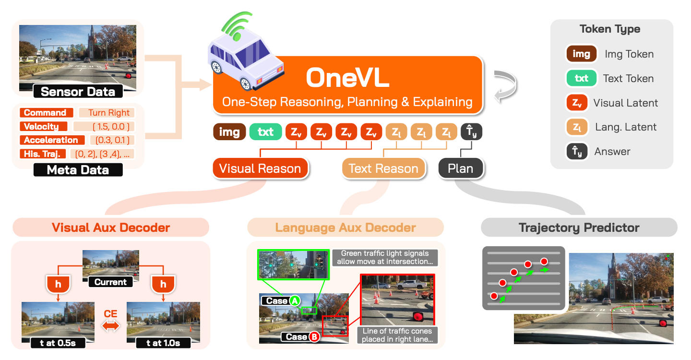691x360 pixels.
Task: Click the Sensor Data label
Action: click(x=78, y=92)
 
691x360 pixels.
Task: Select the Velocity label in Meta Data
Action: click(x=44, y=126)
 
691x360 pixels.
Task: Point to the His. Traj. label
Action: click(x=43, y=154)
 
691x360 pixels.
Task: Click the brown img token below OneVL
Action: click(x=229, y=132)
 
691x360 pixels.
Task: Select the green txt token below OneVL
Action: click(x=266, y=132)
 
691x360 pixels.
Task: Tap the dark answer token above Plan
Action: click(x=471, y=132)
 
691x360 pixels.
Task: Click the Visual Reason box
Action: click(x=260, y=168)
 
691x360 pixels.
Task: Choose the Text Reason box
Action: click(x=383, y=168)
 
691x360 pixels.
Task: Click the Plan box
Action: click(x=461, y=168)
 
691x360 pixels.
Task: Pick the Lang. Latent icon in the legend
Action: click(x=577, y=127)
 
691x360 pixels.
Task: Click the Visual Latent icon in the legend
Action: click(x=577, y=102)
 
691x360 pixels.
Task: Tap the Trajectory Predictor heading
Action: click(x=579, y=228)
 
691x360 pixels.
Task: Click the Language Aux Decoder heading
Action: click(x=345, y=228)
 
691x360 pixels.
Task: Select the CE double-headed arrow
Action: click(x=110, y=326)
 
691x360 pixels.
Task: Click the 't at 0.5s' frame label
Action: click(x=58, y=343)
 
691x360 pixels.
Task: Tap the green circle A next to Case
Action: click(x=295, y=301)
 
